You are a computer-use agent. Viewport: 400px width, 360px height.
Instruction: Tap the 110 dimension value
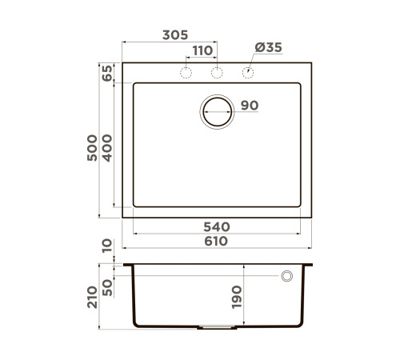(202, 50)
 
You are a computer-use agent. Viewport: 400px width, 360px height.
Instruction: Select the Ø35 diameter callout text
(268, 48)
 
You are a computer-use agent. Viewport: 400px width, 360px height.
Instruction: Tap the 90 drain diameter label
(248, 106)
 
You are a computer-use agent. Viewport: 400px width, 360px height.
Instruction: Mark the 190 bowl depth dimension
(236, 297)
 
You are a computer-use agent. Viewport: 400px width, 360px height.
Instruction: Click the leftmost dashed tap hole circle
(186, 74)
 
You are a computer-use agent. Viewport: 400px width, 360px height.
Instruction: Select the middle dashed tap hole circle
(216, 74)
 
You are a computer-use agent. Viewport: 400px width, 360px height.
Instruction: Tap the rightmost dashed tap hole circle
(247, 74)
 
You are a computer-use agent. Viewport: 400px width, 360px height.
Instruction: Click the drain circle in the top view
(217, 110)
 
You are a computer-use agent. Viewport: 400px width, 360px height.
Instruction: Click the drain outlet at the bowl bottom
(217, 326)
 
